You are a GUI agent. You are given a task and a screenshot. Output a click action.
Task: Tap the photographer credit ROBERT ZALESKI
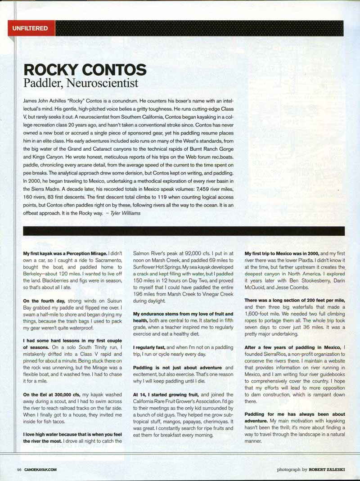327,470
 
